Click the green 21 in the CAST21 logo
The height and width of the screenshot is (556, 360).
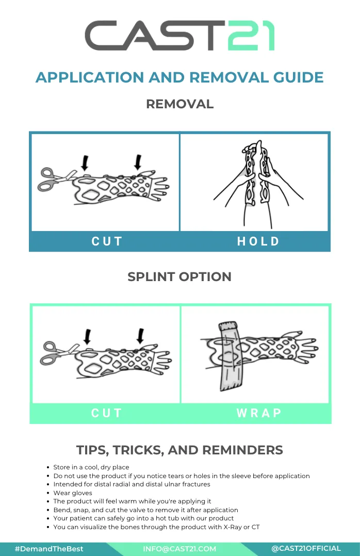(x=251, y=36)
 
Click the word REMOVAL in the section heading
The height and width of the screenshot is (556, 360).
(x=180, y=104)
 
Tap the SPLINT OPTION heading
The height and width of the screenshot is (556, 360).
(x=179, y=276)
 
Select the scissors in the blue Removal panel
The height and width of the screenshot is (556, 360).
(x=57, y=179)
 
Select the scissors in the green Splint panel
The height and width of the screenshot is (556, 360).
(x=58, y=353)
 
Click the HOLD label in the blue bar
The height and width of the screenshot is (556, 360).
(x=258, y=241)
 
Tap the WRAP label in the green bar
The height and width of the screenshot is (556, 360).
(x=259, y=413)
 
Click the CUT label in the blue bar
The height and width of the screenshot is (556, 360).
(x=107, y=241)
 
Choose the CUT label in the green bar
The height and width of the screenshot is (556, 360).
(x=107, y=413)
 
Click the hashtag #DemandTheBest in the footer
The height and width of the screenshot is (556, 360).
(x=49, y=549)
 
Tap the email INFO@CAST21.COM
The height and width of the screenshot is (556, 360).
(x=179, y=549)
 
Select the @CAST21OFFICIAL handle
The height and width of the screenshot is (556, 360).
(x=306, y=549)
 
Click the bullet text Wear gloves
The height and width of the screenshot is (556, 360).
(x=73, y=493)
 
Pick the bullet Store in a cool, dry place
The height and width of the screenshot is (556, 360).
(x=91, y=467)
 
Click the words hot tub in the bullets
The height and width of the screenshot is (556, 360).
(x=168, y=518)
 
